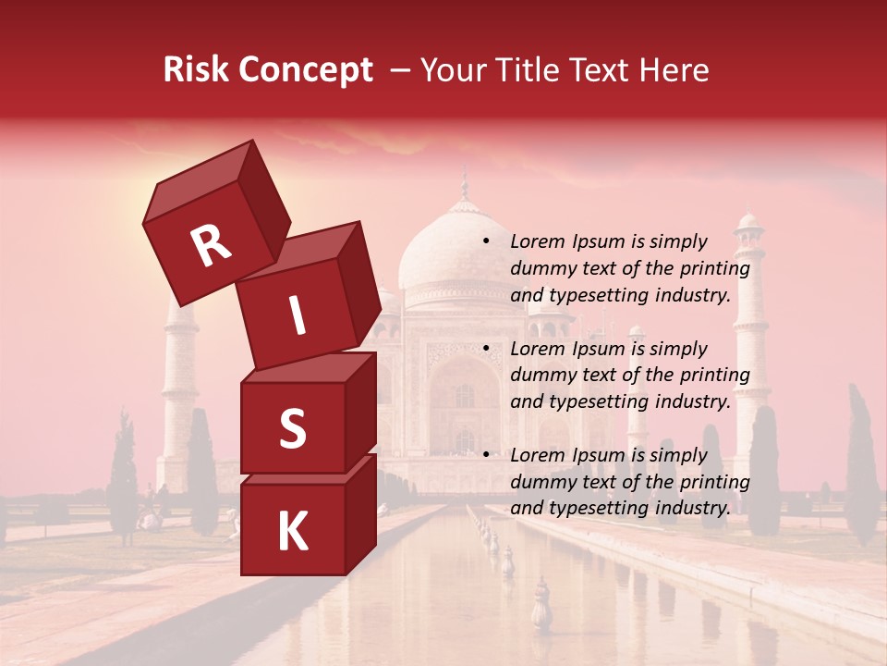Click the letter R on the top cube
(211, 245)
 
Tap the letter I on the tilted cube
(297, 315)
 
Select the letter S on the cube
(292, 428)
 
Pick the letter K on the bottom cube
(292, 532)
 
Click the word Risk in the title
(196, 70)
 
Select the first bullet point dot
(486, 241)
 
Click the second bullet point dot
(486, 349)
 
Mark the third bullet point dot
(486, 455)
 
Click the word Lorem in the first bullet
(536, 241)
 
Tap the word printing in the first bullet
(714, 268)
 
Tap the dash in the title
(400, 70)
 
